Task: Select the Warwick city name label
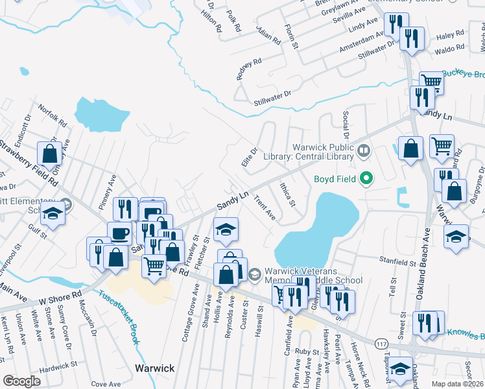[154, 368]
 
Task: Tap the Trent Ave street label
[265, 207]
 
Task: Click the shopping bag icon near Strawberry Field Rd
[50, 154]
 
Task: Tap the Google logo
[21, 381]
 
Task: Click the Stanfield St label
[397, 263]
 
